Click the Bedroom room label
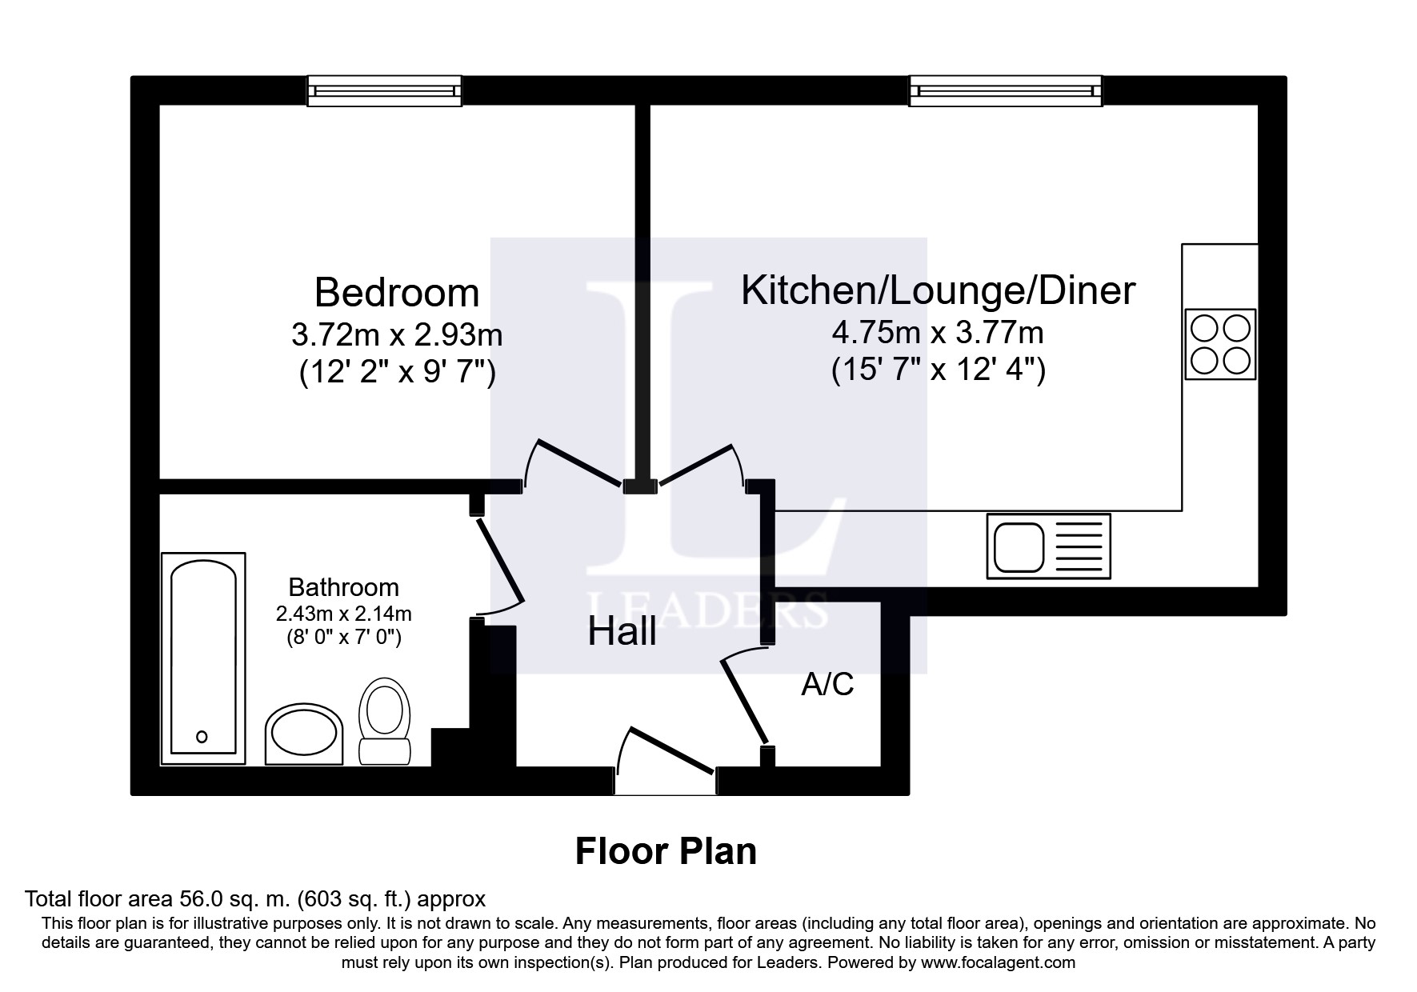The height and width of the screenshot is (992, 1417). pos(397,293)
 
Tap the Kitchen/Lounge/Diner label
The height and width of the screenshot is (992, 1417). pos(938,290)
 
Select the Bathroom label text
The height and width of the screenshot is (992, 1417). pos(343,587)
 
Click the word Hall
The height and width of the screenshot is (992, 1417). pos(622,632)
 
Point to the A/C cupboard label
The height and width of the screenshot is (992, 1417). pos(827,685)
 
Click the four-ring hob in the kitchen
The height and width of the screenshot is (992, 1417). pos(1220,344)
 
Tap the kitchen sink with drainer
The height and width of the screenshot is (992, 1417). pos(1049,546)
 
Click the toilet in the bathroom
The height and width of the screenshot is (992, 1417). pos(385,721)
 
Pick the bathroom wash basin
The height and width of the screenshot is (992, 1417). pos(303,734)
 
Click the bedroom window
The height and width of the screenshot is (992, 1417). pos(384,90)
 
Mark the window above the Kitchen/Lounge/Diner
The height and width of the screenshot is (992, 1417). pos(1005,90)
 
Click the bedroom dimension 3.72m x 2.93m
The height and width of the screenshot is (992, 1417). pos(397,334)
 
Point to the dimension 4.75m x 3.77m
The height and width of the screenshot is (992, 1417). pos(938,331)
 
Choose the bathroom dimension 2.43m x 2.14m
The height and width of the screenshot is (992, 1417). pos(343,614)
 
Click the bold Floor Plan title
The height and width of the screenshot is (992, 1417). pos(666,852)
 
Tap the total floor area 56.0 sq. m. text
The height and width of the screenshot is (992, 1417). pos(255,898)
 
